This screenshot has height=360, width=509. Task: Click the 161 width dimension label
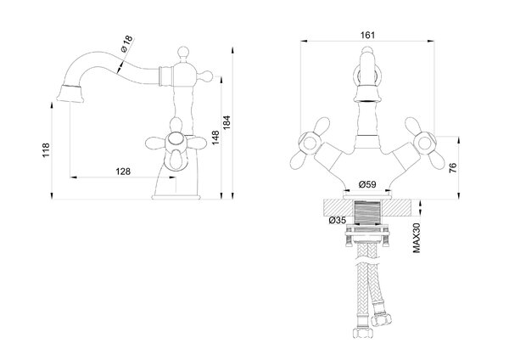[x=367, y=35]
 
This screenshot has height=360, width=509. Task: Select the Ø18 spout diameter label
[x=126, y=43]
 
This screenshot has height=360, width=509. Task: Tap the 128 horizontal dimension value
[x=123, y=172]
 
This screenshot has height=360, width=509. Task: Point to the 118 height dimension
[x=46, y=150]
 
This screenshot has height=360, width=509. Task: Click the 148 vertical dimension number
[x=215, y=138]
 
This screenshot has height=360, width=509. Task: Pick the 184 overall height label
[x=227, y=123]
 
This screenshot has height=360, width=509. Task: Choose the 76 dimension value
[x=452, y=167]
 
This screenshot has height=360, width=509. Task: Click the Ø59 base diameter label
[x=367, y=184]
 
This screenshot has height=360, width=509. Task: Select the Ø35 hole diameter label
[x=338, y=220]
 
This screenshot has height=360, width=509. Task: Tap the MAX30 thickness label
[x=417, y=238]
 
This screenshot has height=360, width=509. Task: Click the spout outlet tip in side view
[x=70, y=93]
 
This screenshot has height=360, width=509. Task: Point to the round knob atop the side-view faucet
[x=182, y=52]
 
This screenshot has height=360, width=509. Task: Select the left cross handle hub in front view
[x=309, y=143]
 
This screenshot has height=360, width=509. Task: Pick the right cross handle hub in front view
[x=426, y=143]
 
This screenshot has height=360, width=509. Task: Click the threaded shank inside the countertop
[x=367, y=212]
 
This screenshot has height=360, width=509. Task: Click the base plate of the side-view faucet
[x=176, y=197]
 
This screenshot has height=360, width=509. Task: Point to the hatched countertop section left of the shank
[x=338, y=208]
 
